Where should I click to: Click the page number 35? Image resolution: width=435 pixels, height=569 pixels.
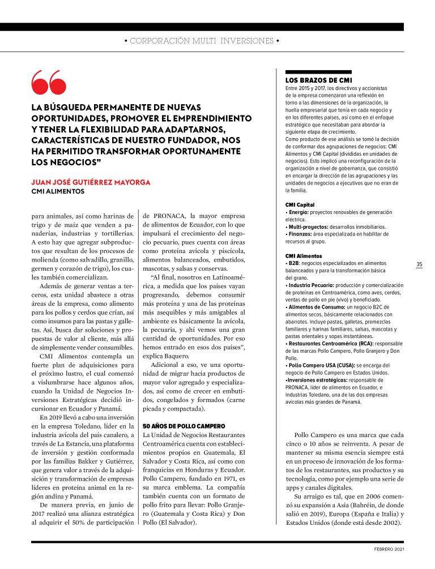(x=420, y=264)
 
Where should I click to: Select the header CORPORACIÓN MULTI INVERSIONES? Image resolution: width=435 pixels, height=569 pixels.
(x=202, y=41)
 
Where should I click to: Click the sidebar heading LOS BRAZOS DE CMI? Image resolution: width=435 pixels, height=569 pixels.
(x=319, y=80)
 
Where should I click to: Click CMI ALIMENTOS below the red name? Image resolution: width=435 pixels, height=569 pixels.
(x=58, y=191)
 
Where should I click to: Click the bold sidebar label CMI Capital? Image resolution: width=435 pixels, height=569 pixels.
(x=300, y=204)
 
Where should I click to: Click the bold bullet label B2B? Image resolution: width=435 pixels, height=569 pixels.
(x=294, y=263)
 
